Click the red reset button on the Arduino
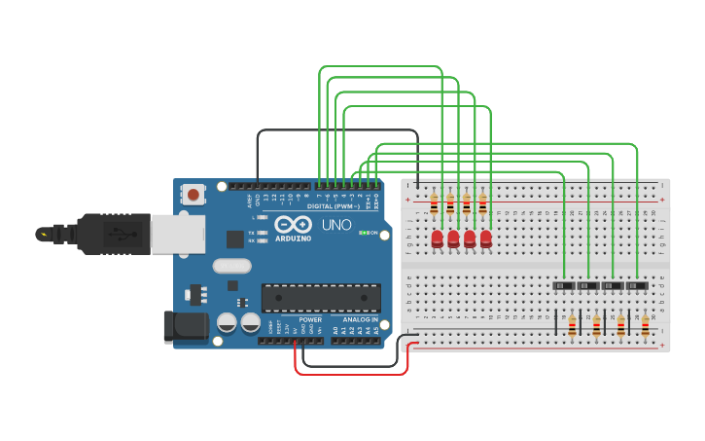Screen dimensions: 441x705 click(194, 195)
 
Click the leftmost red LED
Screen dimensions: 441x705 click(438, 239)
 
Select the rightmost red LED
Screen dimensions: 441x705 click(486, 239)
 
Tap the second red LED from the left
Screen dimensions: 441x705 click(453, 239)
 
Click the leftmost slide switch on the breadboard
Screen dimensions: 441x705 click(564, 285)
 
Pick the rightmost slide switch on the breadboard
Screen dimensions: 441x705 click(637, 285)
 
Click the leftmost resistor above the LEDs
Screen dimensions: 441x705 click(434, 204)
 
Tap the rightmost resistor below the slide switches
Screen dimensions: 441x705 click(645, 325)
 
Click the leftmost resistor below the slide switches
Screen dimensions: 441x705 click(572, 325)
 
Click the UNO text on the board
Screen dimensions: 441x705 click(336, 225)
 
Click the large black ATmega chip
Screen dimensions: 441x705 click(321, 298)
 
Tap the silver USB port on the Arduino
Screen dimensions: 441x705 click(175, 234)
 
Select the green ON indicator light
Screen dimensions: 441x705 click(362, 233)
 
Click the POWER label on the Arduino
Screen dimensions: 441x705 click(310, 319)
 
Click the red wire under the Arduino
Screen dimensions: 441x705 click(350, 373)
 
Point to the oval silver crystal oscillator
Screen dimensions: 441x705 click(232, 266)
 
